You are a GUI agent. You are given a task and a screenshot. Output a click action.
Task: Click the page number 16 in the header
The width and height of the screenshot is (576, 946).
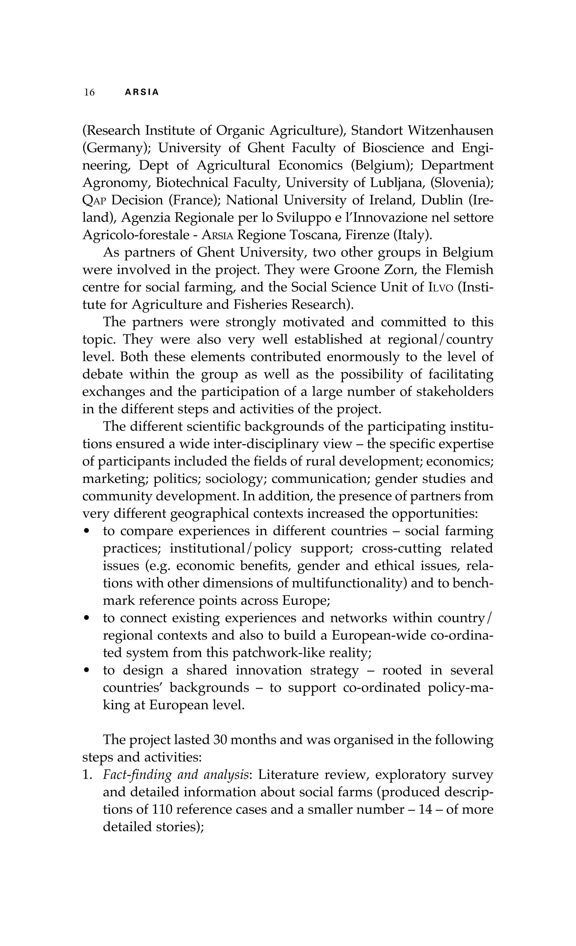click(89, 92)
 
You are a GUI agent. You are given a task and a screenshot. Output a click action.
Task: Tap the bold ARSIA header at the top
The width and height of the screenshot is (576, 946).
click(142, 92)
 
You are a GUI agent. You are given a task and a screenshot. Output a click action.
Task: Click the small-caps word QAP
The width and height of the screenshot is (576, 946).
click(96, 200)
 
